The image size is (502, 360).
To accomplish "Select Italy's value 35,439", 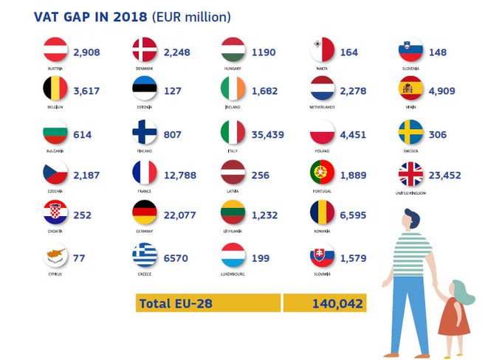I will click(268, 135).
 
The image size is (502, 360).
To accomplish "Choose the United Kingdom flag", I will click(411, 174).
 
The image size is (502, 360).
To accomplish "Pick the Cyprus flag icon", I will click(55, 255).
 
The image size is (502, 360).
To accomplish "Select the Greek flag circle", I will click(145, 255).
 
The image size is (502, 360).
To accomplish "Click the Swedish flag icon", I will click(411, 133).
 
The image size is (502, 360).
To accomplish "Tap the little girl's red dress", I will click(453, 316).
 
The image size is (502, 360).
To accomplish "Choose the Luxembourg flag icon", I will click(233, 255).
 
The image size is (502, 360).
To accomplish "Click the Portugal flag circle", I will click(322, 173).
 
